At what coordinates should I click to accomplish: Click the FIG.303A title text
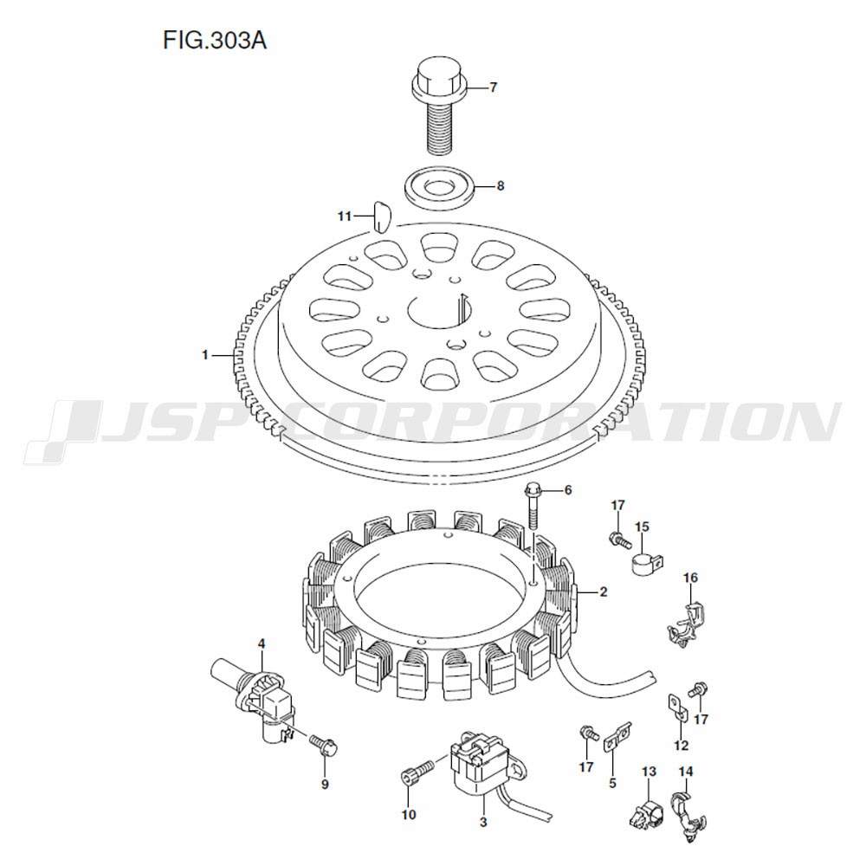point(215,41)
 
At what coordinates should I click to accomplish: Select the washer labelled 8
point(440,186)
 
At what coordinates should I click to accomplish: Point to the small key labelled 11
point(381,216)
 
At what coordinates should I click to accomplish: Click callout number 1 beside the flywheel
point(205,355)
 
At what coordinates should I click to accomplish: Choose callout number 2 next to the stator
point(604,592)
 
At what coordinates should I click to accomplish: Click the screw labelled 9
point(324,745)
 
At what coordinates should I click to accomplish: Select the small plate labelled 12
point(676,707)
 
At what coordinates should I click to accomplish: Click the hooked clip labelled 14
point(687,816)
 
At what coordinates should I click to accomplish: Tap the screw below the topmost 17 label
point(619,540)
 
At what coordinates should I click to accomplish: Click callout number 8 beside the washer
point(501,186)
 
